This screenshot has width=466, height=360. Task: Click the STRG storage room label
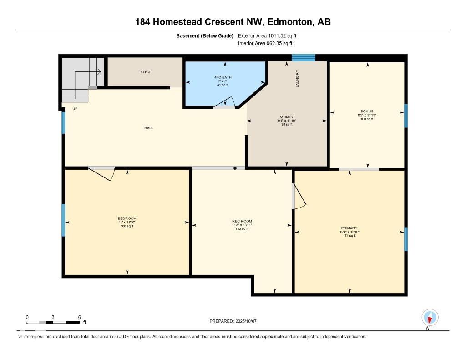[x=145, y=72]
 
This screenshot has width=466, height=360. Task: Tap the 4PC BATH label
[x=223, y=77]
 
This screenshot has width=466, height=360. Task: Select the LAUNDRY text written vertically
[x=297, y=79]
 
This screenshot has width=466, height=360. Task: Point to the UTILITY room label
[x=287, y=117]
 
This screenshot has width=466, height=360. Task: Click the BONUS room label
[x=367, y=112]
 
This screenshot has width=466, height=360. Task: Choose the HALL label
[x=149, y=128]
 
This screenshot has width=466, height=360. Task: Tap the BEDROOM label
[x=127, y=218]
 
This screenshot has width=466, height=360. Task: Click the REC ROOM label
[x=242, y=221]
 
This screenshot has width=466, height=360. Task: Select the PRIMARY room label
[x=349, y=228]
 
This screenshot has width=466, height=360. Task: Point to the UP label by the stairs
[x=75, y=109]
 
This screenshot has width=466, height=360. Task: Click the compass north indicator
[x=430, y=318]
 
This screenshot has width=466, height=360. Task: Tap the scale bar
[x=53, y=322]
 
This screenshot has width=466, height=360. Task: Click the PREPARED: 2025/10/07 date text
[x=233, y=321]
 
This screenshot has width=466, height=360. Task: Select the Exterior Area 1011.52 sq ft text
[x=267, y=36]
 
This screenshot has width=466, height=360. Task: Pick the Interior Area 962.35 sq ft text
[x=265, y=43]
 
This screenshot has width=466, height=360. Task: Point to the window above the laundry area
[x=304, y=58]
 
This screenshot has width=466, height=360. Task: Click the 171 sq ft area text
[x=349, y=236]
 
